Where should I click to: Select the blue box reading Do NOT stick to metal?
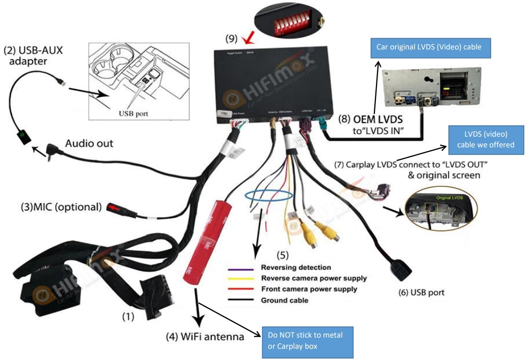click(307, 342)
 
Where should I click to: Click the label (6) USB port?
click(421, 293)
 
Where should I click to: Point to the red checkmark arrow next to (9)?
click(248, 38)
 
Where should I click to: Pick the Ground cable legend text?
click(285, 300)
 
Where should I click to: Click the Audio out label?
click(89, 144)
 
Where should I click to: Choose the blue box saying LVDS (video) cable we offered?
click(486, 139)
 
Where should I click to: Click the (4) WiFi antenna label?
click(205, 337)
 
